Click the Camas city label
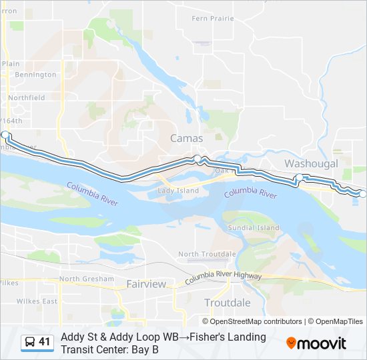coord(187,138)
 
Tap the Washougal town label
coord(311,163)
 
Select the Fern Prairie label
coord(214,19)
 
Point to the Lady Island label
coord(178,191)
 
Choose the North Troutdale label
coord(207,254)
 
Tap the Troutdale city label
coord(228,303)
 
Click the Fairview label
coord(146,284)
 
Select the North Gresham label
coord(83,279)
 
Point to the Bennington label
coord(35,75)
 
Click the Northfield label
coord(27,97)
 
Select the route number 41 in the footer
coord(45,342)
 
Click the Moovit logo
coord(316,343)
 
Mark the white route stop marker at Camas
coord(198,158)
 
